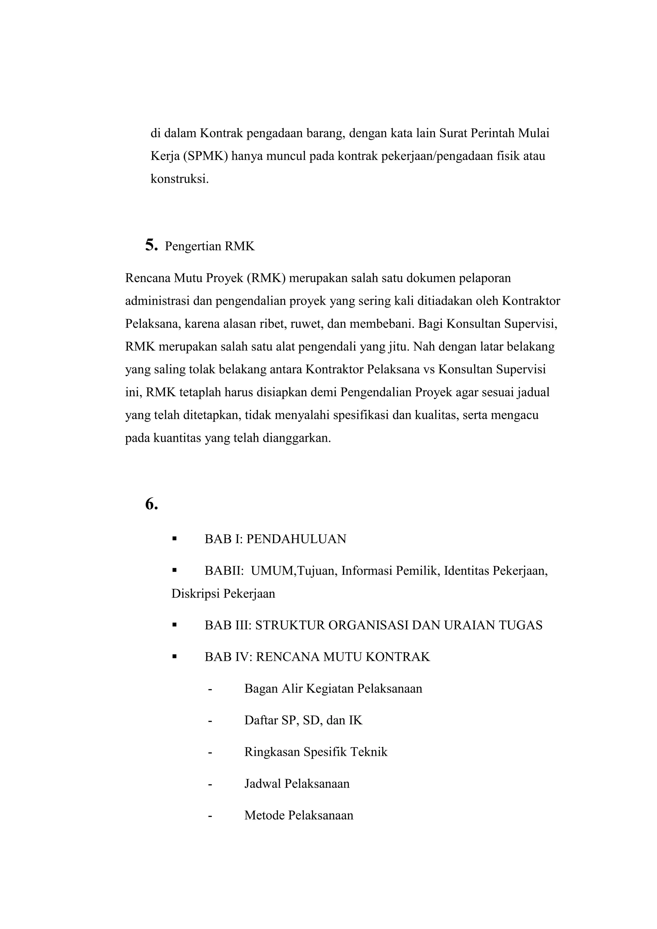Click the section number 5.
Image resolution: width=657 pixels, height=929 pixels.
151,245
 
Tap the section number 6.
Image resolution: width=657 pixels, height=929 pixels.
151,504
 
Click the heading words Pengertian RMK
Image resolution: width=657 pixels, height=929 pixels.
209,246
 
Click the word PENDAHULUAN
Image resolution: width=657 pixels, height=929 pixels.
296,539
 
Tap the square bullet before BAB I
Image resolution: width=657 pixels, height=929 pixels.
175,539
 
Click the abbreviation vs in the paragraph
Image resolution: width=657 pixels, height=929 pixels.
429,370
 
